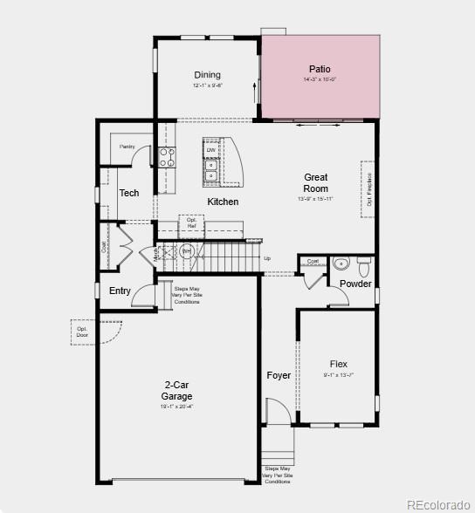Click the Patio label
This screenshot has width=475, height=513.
(320, 69)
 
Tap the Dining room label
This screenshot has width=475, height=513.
(207, 75)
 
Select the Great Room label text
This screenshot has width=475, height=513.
(316, 182)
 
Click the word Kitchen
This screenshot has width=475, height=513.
(223, 202)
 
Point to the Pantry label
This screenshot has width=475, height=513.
(127, 147)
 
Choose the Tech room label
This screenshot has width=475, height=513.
(129, 193)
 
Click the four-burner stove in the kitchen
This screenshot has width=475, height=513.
(167, 157)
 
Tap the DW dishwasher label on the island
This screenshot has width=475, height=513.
(211, 150)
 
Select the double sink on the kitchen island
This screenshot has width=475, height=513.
(211, 170)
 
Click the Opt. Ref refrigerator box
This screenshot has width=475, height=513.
(192, 222)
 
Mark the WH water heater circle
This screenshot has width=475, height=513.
(187, 251)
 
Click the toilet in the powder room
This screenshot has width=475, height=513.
(364, 263)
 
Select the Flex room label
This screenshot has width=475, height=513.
(339, 364)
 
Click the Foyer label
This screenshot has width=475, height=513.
(279, 375)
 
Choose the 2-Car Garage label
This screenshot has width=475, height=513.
(177, 391)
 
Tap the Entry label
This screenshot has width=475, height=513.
(120, 291)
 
